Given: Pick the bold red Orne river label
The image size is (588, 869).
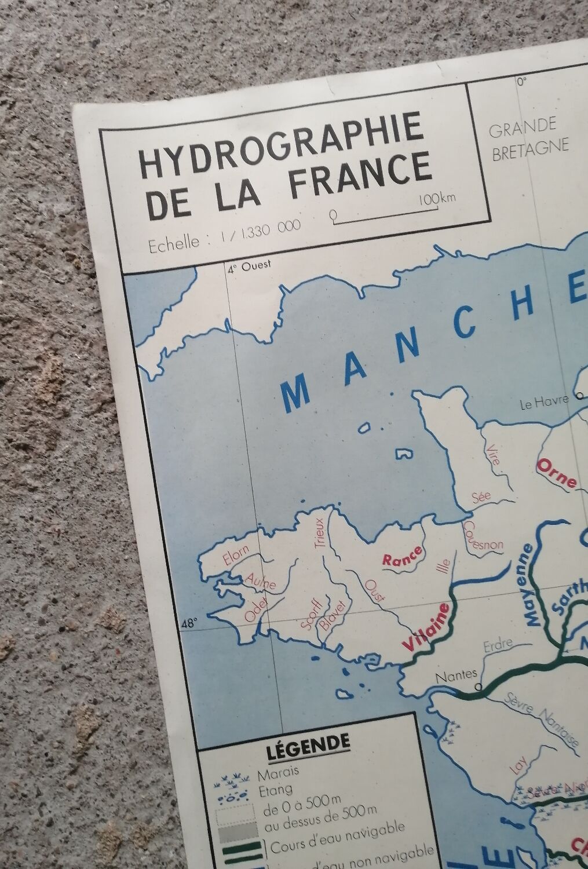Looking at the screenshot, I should point(557,472).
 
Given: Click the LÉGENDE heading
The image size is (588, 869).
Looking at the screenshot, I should point(308,741).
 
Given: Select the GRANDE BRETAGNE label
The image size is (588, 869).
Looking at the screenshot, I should point(528,134).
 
